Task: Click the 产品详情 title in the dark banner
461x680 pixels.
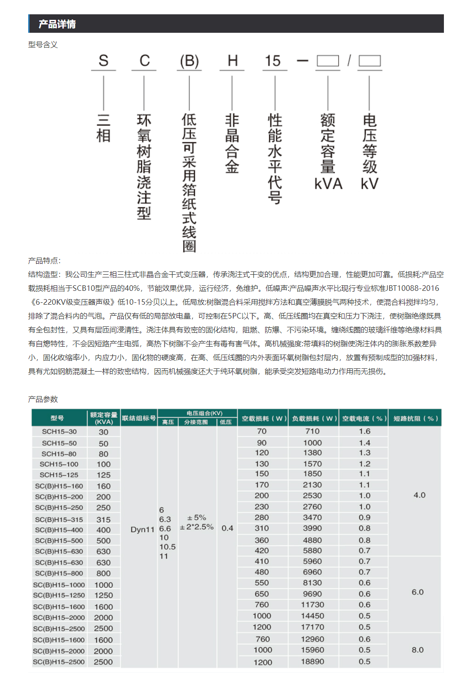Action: click(x=57, y=24)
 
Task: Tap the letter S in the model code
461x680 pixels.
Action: click(x=103, y=61)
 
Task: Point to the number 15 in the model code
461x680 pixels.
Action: click(x=273, y=61)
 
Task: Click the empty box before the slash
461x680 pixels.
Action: click(x=328, y=61)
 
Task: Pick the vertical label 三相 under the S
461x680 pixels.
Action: click(x=103, y=128)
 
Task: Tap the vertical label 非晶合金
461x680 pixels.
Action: click(x=232, y=144)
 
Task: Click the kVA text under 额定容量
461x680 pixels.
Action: click(x=328, y=184)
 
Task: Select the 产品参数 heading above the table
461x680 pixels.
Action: click(x=43, y=399)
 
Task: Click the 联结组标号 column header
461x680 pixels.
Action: click(x=139, y=418)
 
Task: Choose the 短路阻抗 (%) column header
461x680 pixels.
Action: click(x=414, y=418)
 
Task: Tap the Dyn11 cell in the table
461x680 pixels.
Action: click(x=142, y=530)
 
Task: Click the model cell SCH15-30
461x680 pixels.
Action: click(x=59, y=432)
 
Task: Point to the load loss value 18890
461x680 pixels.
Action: click(x=313, y=662)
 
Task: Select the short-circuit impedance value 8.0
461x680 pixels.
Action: click(x=418, y=650)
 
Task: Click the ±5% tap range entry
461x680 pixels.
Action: click(x=196, y=518)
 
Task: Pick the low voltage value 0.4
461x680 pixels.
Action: click(x=227, y=528)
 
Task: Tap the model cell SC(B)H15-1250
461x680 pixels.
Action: click(x=59, y=596)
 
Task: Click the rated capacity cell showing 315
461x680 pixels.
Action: click(x=103, y=519)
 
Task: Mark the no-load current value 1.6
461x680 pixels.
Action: click(x=364, y=431)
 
